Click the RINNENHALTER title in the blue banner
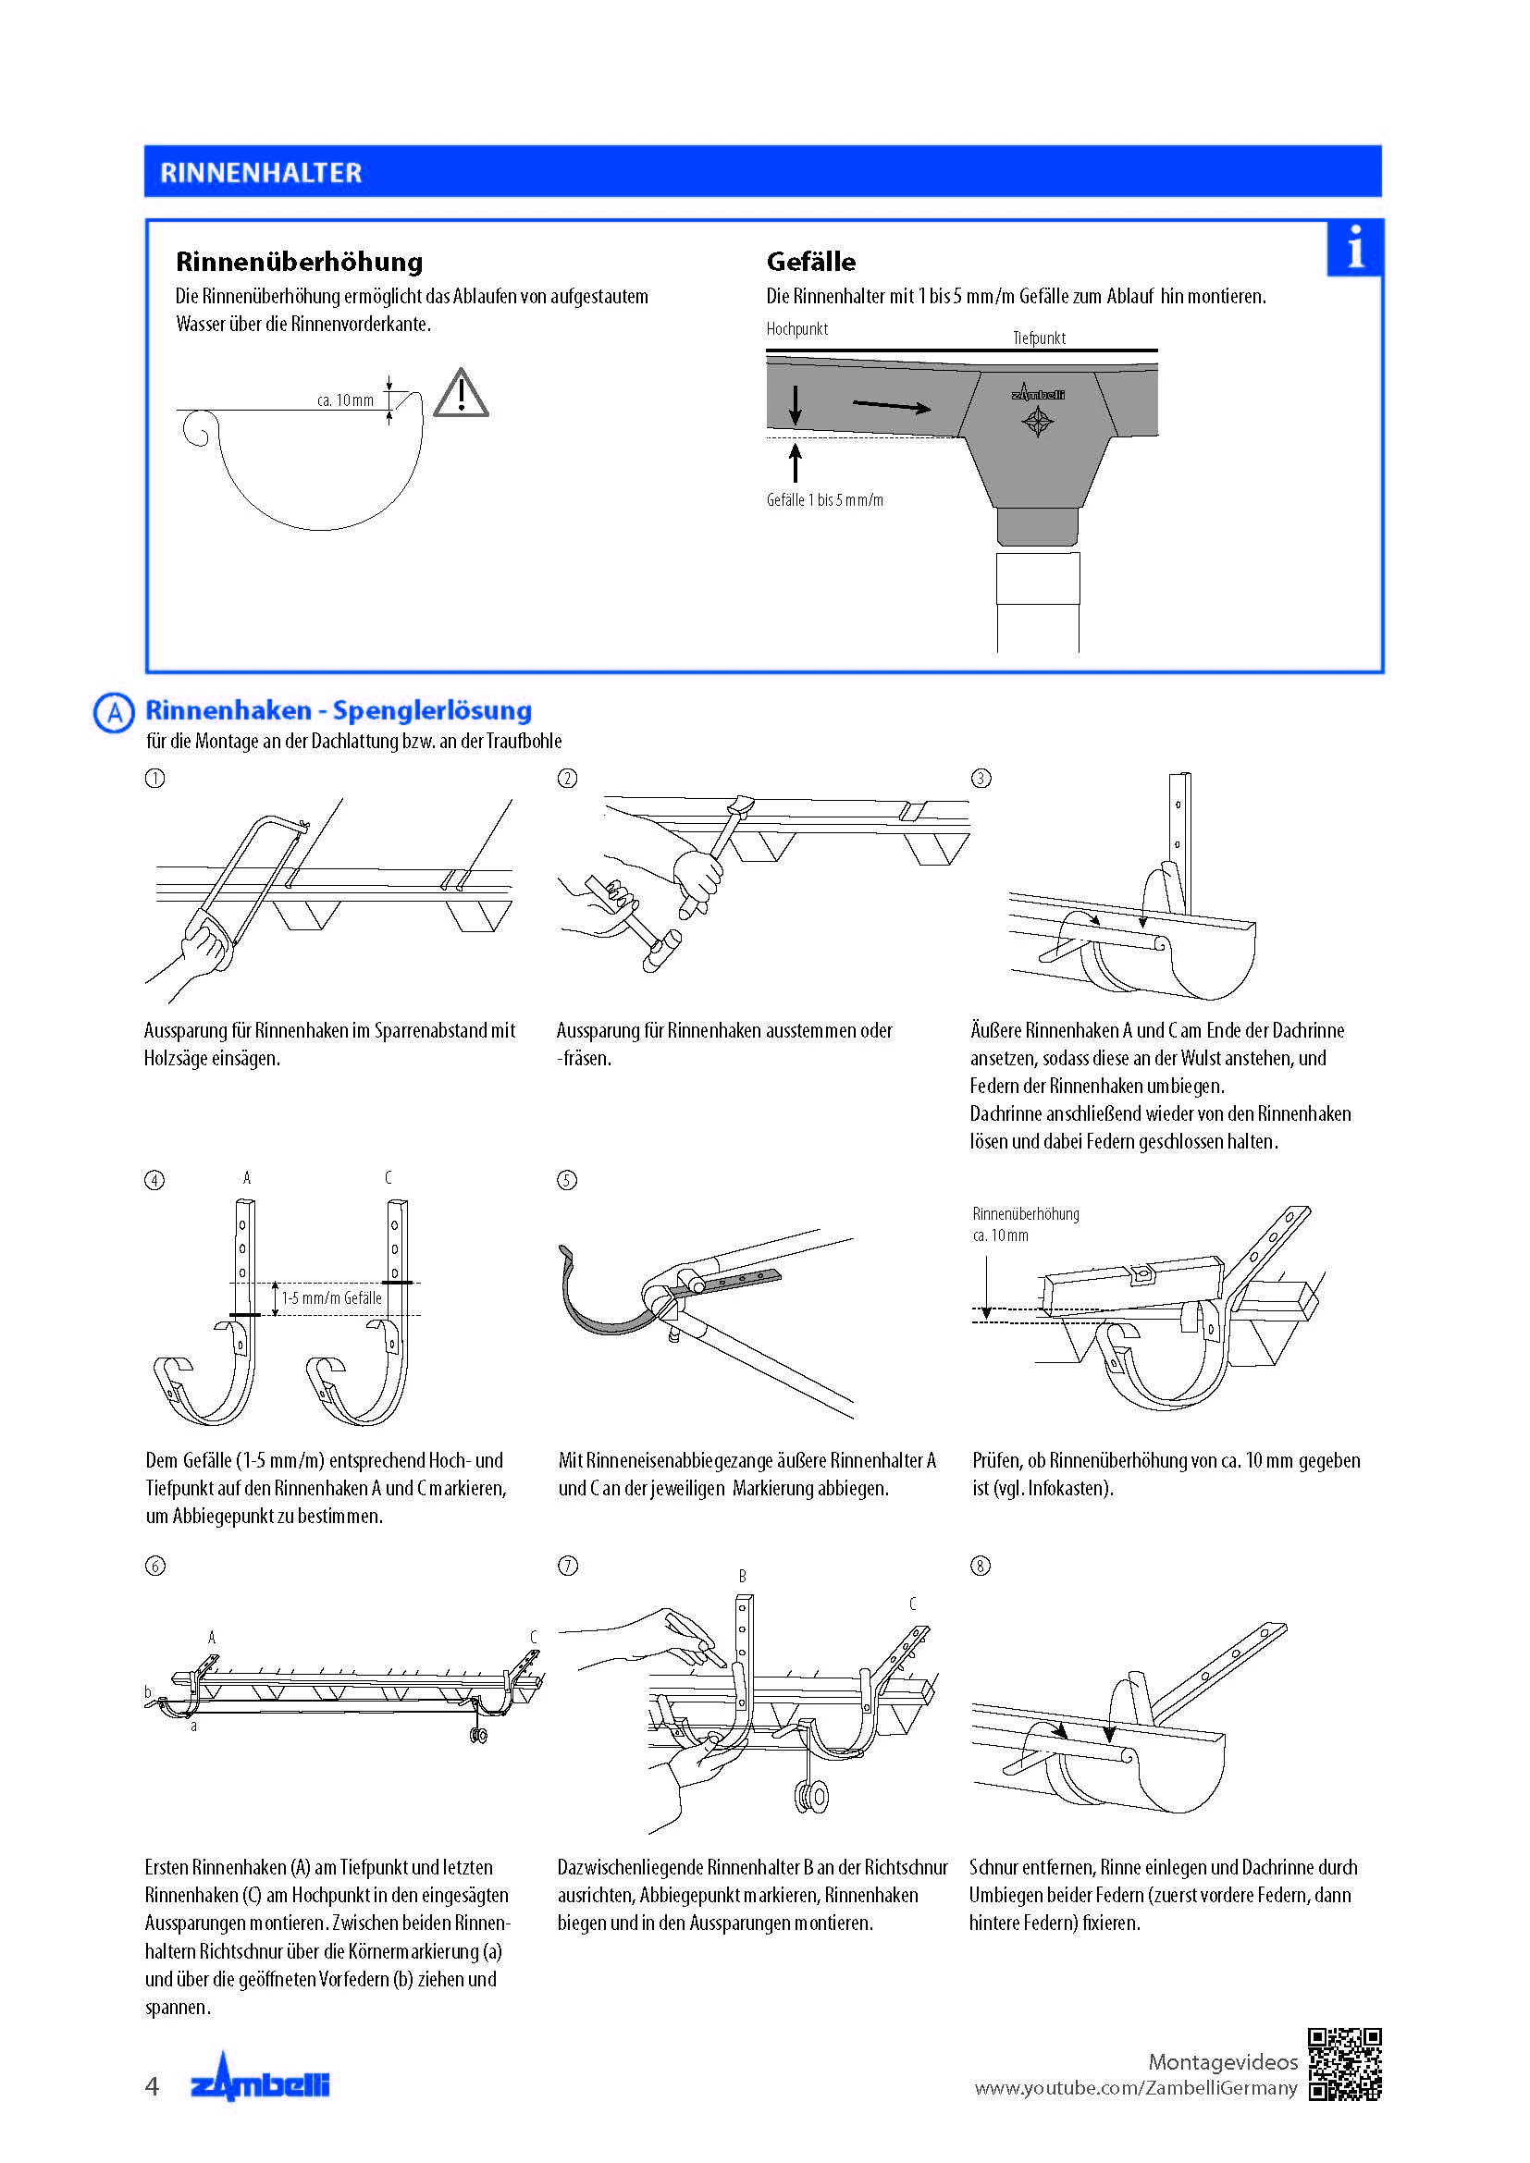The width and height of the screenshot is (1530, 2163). (261, 172)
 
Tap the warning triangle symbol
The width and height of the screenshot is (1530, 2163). (461, 395)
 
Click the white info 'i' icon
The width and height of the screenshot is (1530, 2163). (1355, 248)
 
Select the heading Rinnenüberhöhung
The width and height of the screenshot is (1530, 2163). (300, 261)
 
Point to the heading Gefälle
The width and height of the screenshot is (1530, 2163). (811, 261)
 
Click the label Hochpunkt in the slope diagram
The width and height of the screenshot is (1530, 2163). (797, 329)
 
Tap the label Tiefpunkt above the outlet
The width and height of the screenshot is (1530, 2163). (1039, 338)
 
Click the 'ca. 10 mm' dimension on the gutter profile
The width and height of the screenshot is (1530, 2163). (345, 400)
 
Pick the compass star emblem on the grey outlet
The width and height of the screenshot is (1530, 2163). (1038, 422)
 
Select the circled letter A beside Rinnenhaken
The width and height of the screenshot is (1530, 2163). (114, 712)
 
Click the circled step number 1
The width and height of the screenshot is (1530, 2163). (154, 778)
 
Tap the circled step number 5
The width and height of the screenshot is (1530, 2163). (567, 1180)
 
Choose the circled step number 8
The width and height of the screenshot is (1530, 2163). (981, 1566)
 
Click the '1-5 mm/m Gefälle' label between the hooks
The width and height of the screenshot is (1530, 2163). (332, 1298)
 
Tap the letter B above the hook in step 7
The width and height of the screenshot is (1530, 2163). (743, 1576)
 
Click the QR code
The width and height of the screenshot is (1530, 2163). (1345, 2065)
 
